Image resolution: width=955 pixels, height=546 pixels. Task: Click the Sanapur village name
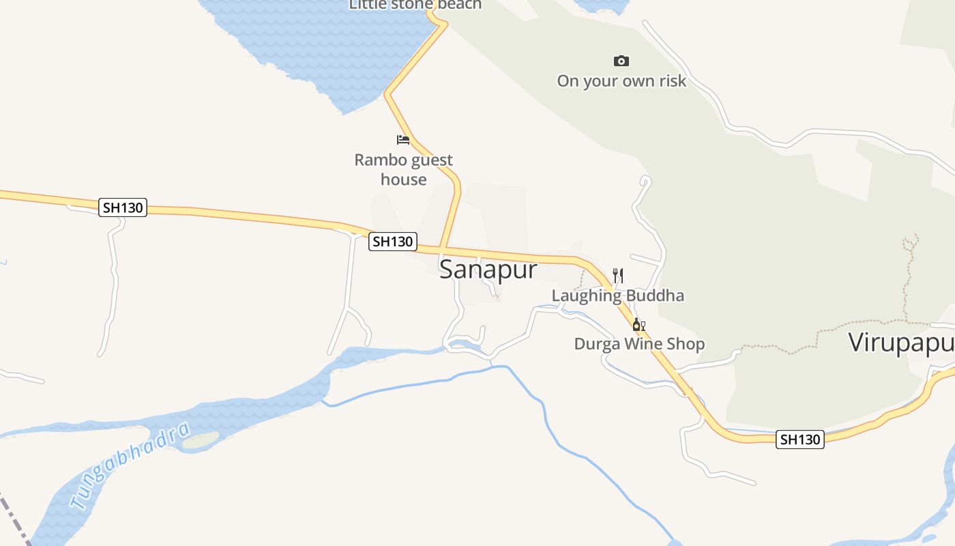click(x=488, y=270)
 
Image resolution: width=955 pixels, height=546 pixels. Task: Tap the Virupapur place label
click(x=900, y=343)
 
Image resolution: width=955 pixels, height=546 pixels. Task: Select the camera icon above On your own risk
click(x=621, y=61)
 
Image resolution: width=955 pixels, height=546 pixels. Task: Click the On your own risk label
click(x=621, y=81)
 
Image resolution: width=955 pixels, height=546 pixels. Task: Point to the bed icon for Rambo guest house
click(x=403, y=140)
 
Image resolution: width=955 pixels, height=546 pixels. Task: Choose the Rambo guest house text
click(x=404, y=169)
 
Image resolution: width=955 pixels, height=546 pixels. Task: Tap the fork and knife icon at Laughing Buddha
click(x=618, y=275)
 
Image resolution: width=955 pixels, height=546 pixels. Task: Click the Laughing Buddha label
click(x=617, y=296)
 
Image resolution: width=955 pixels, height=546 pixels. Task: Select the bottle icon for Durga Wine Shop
click(x=638, y=324)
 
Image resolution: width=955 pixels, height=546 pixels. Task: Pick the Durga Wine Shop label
click(x=639, y=344)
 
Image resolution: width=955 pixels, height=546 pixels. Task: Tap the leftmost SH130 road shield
click(x=123, y=207)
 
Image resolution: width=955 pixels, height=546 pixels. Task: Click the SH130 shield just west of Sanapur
click(x=392, y=242)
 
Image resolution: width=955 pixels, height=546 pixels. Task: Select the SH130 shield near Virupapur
click(x=800, y=440)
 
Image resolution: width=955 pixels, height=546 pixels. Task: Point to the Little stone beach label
click(x=415, y=5)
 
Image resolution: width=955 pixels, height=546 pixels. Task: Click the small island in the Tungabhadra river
click(x=201, y=440)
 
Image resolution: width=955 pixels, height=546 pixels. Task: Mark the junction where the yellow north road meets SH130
click(x=443, y=248)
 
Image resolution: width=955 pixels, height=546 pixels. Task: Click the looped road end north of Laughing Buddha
click(x=645, y=181)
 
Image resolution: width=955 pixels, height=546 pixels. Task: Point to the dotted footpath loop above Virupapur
click(x=911, y=242)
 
